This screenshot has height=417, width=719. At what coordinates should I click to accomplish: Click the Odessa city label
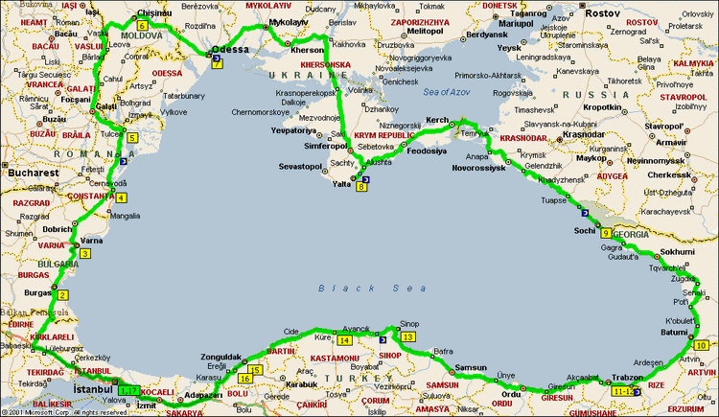229,49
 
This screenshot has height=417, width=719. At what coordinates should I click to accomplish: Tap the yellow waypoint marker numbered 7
217,63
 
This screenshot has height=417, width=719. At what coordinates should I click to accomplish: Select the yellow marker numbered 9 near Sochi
606,232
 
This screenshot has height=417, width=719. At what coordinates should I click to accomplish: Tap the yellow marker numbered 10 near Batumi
701,345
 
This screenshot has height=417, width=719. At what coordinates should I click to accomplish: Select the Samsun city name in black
471,367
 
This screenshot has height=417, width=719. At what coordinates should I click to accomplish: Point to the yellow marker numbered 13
408,337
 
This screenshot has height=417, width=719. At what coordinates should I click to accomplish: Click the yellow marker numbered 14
344,339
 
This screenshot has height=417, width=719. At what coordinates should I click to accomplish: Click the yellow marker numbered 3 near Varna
85,253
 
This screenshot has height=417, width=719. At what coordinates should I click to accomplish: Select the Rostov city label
604,13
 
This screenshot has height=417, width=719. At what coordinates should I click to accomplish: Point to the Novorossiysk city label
479,168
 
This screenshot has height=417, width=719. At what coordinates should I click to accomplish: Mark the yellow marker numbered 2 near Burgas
62,294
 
